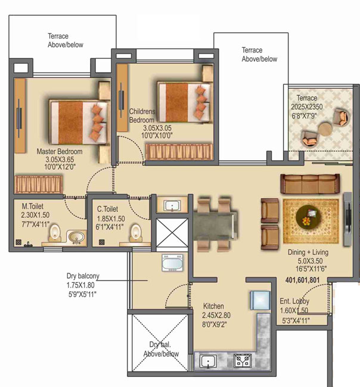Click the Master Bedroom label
pyautogui.click(x=60, y=151)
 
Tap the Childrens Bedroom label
pyautogui.click(x=142, y=116)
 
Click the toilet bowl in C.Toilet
pyautogui.click(x=136, y=233)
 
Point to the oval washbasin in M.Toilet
pyautogui.click(x=76, y=237)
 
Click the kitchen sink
pyautogui.click(x=208, y=361)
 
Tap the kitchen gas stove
pyautogui.click(x=243, y=361)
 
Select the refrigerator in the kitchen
pyautogui.click(x=260, y=300)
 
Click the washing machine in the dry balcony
pyautogui.click(x=172, y=263)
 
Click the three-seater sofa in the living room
pyautogui.click(x=310, y=183)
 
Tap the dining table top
pyautogui.click(x=215, y=226)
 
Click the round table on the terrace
pyautogui.click(x=325, y=129)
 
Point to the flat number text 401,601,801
pyautogui.click(x=302, y=280)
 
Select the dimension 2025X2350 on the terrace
pyautogui.click(x=306, y=107)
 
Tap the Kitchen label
pyautogui.click(x=213, y=306)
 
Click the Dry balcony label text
pyautogui.click(x=83, y=276)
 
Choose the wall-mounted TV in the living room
pyautogui.click(x=347, y=219)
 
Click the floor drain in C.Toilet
pyautogui.click(x=101, y=242)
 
